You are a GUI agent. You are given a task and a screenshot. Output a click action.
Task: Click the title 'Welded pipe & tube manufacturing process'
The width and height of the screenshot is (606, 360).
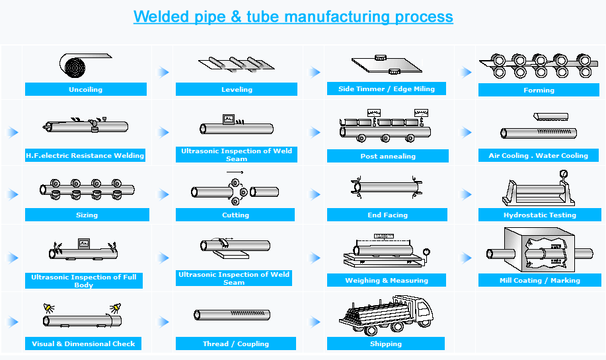click(293, 17)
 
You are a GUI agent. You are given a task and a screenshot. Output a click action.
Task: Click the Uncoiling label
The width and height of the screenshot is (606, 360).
click(85, 90)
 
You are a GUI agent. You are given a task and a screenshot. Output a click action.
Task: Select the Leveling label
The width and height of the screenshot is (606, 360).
click(237, 90)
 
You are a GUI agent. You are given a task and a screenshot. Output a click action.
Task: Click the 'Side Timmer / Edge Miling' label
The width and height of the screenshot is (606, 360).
click(387, 89)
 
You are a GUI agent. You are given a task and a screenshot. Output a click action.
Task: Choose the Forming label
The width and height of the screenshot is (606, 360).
click(539, 90)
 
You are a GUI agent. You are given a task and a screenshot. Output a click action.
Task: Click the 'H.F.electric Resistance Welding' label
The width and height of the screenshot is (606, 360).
click(85, 156)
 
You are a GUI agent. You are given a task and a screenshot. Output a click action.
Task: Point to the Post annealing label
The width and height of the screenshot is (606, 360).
click(388, 157)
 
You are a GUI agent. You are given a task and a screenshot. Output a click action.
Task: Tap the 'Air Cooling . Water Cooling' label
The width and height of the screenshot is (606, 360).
click(538, 156)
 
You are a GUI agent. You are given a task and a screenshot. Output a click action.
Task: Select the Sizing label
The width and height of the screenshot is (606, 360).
click(87, 215)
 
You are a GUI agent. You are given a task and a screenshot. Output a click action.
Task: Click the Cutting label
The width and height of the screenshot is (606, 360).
click(235, 215)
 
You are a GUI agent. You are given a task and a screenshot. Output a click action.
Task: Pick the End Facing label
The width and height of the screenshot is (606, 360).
click(387, 215)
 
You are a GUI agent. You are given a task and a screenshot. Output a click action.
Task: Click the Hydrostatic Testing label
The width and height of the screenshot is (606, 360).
click(539, 215)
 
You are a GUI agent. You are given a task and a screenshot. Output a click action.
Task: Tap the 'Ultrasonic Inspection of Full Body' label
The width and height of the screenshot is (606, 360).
click(84, 281)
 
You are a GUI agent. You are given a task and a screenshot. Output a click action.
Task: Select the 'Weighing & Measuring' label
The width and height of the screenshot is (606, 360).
click(387, 281)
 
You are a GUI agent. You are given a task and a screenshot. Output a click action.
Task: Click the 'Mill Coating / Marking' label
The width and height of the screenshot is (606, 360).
click(539, 281)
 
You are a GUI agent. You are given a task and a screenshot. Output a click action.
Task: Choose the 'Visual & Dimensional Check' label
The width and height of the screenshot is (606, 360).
click(83, 344)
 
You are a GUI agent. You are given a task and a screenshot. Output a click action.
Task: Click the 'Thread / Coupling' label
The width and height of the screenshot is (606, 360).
click(236, 344)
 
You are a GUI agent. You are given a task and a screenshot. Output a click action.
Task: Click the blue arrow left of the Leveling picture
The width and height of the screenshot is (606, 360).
click(163, 72)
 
